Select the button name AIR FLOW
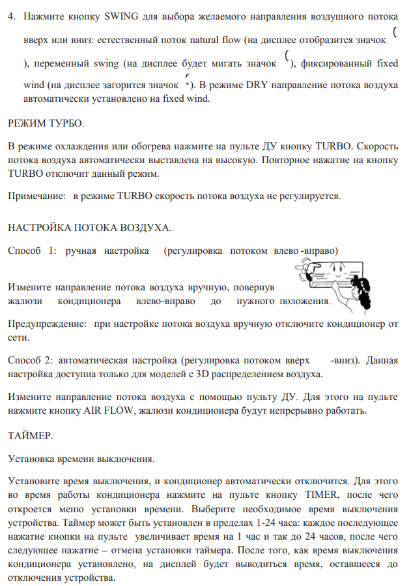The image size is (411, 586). click(106, 410)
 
